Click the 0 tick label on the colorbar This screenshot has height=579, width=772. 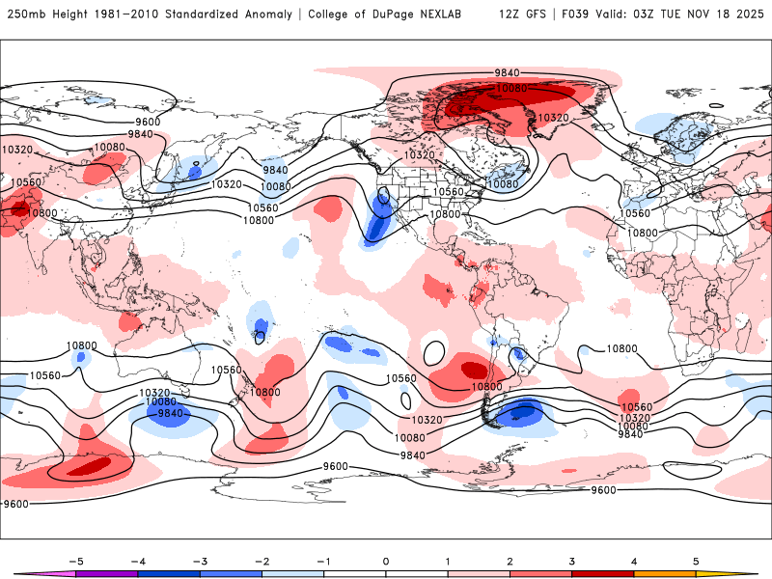pos(385,561)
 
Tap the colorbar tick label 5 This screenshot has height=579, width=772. pos(696,561)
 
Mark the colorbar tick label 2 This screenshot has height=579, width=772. pos(510,561)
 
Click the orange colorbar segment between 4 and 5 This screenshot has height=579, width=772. pos(665,573)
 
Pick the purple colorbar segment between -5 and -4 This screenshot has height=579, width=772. pos(106,573)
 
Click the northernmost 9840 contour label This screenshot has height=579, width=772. pos(507,72)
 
